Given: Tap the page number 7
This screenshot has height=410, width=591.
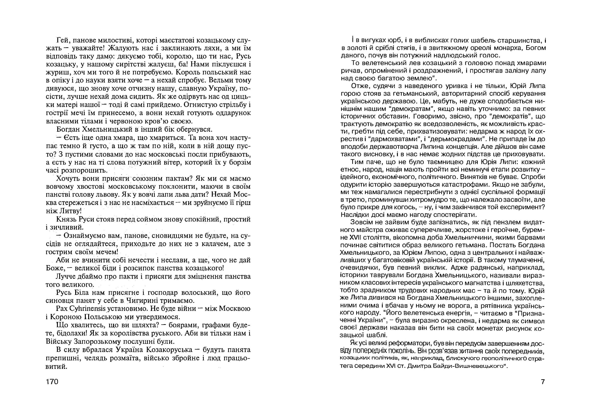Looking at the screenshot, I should tap(543, 382).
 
